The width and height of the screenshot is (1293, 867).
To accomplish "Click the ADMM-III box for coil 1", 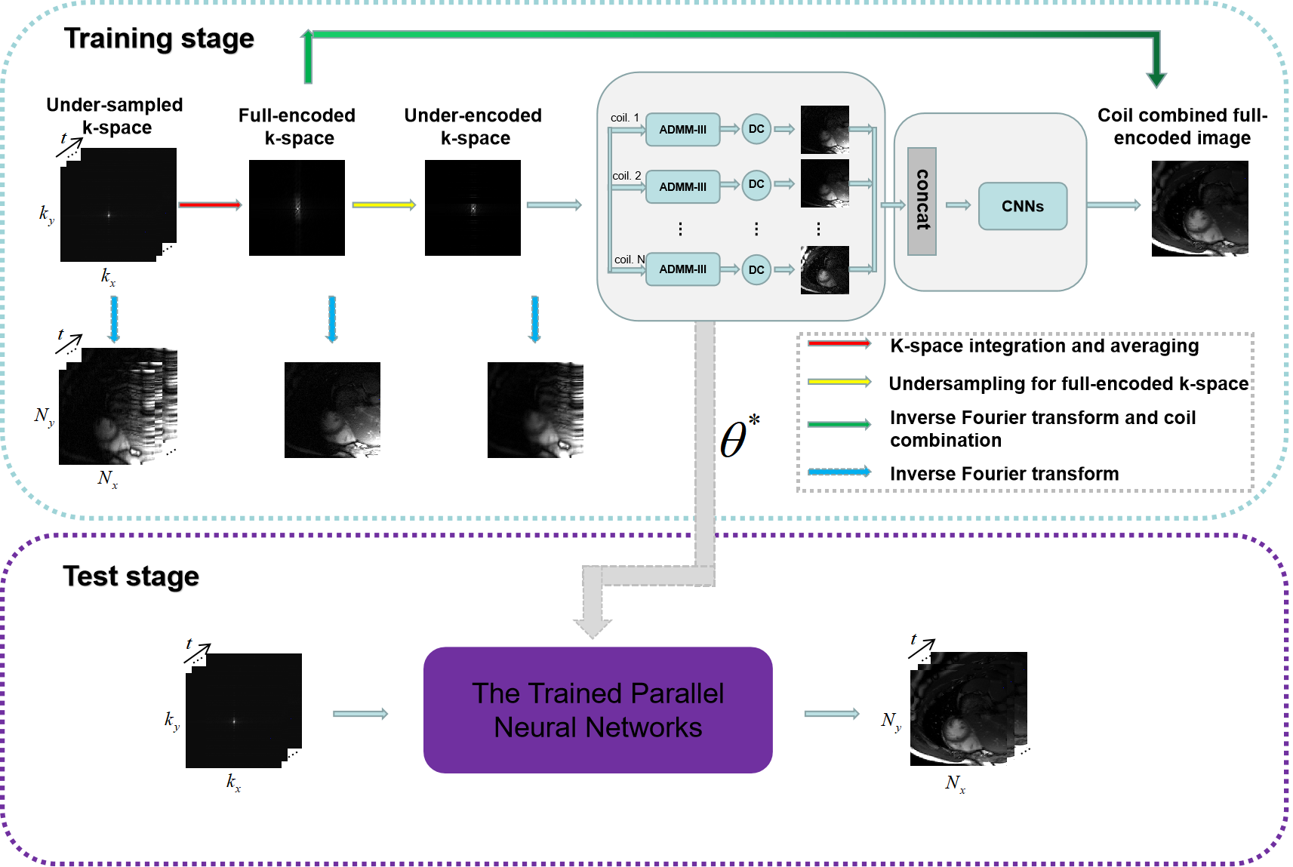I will [682, 130].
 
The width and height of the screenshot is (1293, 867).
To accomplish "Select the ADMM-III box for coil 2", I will [682, 186].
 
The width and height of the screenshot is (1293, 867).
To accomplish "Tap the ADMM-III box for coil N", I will [682, 269].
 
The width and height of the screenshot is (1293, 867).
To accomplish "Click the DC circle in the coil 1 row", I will [756, 129].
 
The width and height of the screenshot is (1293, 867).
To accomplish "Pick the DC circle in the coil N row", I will [756, 270].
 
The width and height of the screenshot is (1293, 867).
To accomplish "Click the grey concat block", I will [922, 201].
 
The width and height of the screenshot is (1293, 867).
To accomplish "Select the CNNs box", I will [1023, 206].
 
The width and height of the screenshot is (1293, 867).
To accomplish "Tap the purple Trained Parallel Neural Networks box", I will [598, 710].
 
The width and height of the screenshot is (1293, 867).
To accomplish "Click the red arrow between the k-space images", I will [210, 204].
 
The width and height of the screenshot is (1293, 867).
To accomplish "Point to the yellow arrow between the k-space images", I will [383, 204].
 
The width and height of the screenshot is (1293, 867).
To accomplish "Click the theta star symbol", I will [739, 438].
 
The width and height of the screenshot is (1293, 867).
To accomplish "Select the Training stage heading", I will [159, 38].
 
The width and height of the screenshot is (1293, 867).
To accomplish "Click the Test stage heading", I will [131, 576].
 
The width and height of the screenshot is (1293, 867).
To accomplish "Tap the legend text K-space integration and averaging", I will [1044, 346].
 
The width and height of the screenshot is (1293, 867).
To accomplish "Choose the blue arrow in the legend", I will [839, 472].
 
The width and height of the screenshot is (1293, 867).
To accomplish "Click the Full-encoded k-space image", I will [297, 208].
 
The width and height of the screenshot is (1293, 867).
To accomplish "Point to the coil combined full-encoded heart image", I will [1199, 208].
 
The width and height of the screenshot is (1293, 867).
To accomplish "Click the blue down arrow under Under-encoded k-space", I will [535, 318].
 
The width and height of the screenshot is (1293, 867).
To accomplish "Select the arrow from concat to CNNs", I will [958, 204].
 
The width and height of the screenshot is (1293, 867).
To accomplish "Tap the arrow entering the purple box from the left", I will [360, 714].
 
